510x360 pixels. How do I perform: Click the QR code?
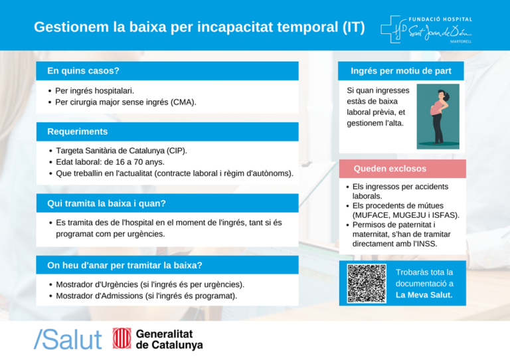(x=367, y=284)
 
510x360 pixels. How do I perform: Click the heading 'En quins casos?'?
(x=83, y=70)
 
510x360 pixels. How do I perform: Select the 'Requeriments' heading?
(x=77, y=132)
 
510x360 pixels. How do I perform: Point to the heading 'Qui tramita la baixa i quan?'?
(x=106, y=203)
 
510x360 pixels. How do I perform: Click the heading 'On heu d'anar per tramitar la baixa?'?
(x=125, y=265)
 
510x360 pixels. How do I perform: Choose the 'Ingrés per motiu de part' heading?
(x=400, y=70)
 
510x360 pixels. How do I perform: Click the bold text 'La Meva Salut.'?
(x=424, y=295)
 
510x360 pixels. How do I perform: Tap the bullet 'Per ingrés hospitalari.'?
(x=94, y=90)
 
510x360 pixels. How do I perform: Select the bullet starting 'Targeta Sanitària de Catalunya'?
(x=121, y=151)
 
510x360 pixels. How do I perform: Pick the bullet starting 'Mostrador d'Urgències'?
(x=149, y=284)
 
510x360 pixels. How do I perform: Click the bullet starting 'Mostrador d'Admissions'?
(x=146, y=295)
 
